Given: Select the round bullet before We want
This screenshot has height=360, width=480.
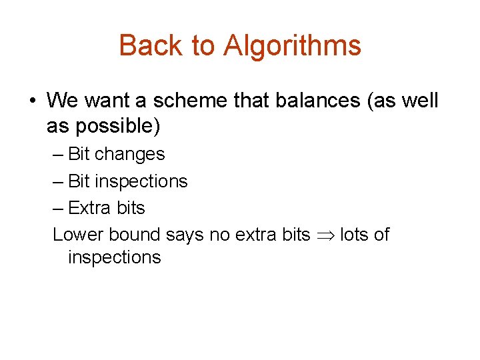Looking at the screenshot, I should (x=32, y=102).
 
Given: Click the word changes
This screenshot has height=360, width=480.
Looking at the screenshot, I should (x=130, y=154).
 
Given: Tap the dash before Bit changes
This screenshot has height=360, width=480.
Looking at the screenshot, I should (x=58, y=155).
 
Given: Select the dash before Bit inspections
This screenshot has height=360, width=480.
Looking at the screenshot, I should (x=58, y=181).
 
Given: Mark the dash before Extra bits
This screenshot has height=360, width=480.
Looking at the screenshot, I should (x=58, y=208).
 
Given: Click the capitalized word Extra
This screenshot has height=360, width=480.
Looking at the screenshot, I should (x=90, y=208).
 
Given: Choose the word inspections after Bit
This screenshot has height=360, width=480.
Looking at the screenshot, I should (x=141, y=181).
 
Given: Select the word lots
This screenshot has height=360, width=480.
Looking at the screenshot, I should (x=355, y=235).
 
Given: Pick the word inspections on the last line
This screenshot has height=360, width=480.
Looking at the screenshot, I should (x=114, y=257).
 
